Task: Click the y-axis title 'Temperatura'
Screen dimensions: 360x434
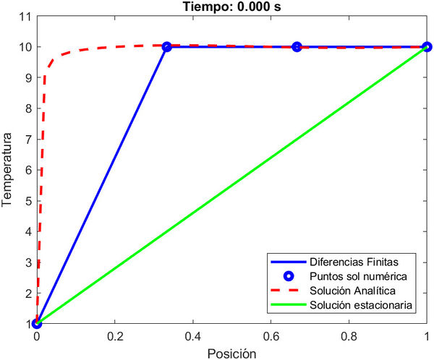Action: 8,169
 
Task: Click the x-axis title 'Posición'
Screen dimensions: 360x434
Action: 231,353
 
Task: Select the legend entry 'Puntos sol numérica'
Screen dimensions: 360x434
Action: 354,275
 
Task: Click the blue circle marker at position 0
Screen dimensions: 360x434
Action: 37,323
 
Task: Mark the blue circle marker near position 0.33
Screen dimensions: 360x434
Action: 166,46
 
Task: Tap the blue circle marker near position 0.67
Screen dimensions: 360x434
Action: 297,46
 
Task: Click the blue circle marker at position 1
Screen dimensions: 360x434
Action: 427,46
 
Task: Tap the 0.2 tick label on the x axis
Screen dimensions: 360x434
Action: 115,336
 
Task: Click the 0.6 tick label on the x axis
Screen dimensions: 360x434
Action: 271,336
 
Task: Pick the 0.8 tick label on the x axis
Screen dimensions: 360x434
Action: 349,336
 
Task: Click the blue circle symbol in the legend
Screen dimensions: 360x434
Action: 288,275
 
